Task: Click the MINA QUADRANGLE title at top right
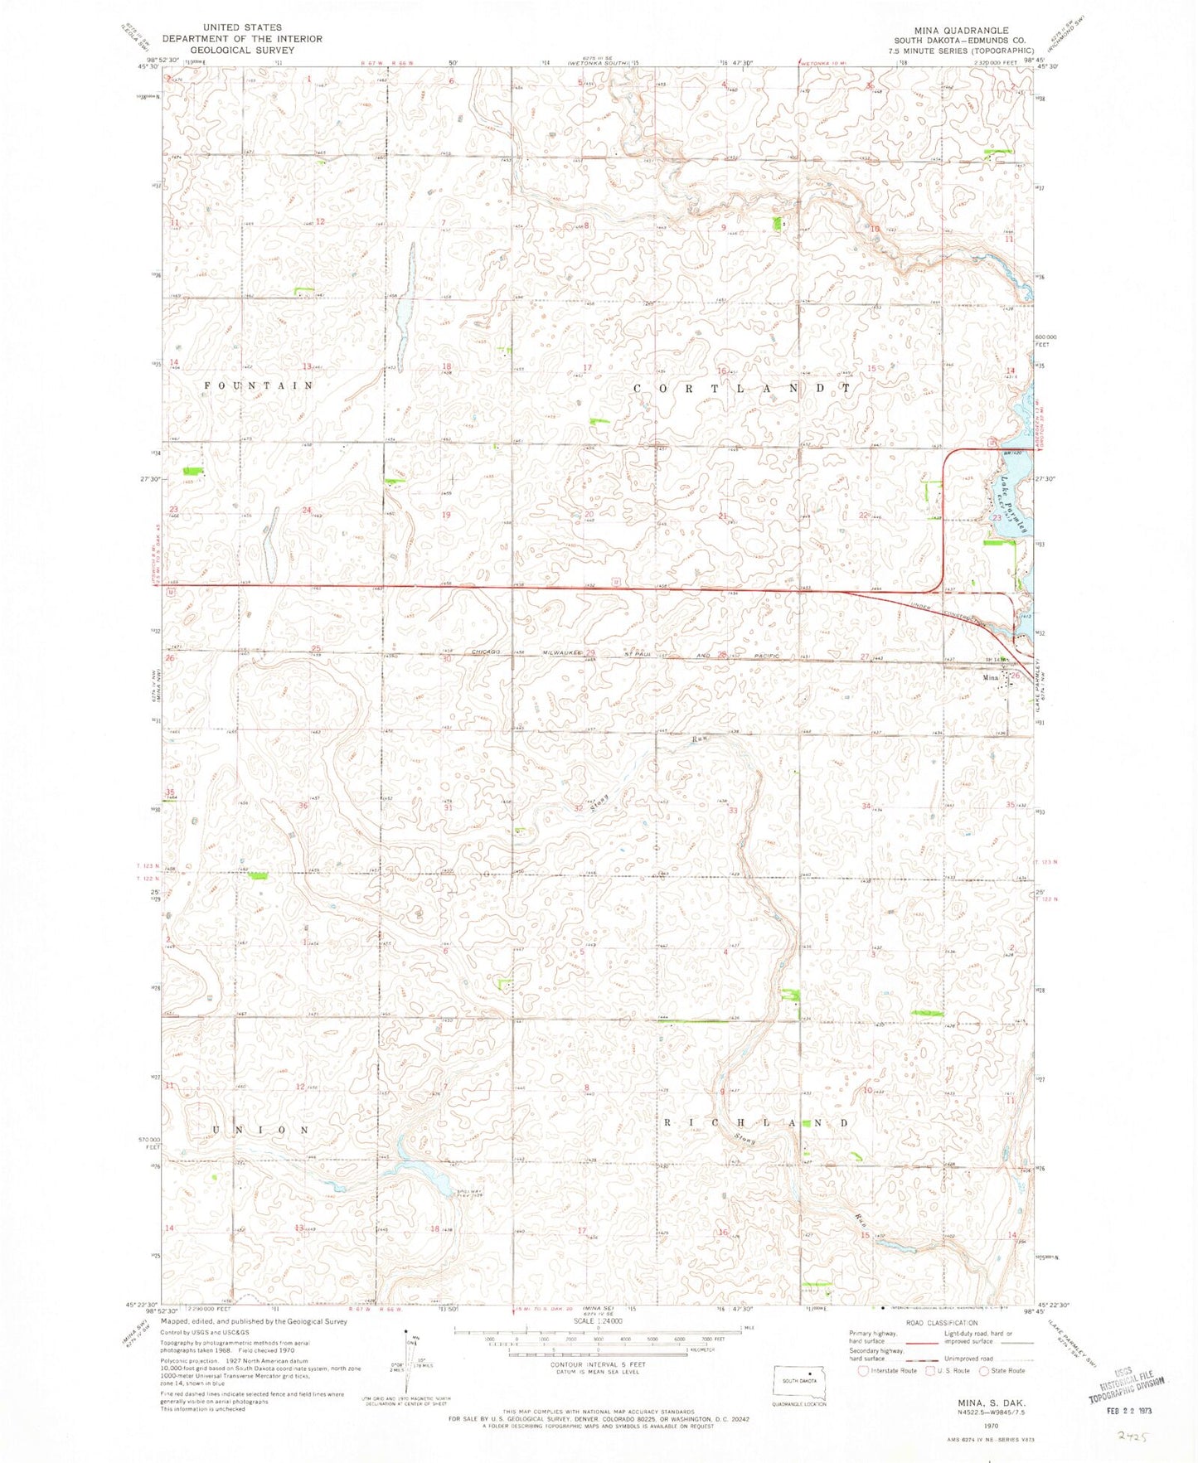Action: pyautogui.click(x=962, y=30)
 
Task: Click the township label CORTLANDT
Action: pyautogui.click(x=742, y=388)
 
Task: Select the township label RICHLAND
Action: pyautogui.click(x=754, y=1122)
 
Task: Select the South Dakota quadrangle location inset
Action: pyautogui.click(x=800, y=1381)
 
